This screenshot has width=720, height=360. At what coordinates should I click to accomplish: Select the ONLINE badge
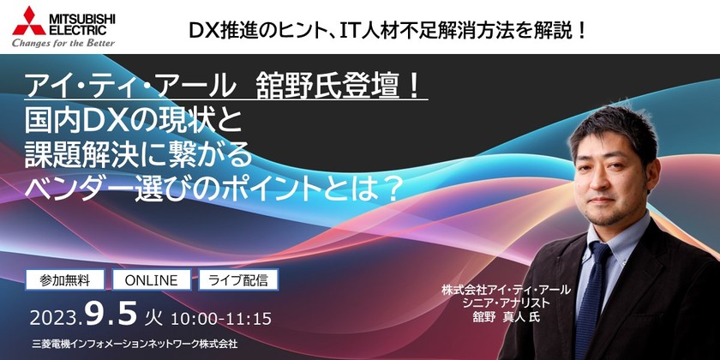[x=151, y=279]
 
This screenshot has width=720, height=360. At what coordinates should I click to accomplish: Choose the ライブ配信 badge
[x=238, y=279]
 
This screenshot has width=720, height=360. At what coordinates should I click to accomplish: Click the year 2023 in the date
[x=57, y=318]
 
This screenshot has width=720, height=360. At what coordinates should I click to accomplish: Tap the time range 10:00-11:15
[x=221, y=318]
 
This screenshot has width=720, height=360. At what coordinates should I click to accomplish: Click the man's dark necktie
[x=592, y=283]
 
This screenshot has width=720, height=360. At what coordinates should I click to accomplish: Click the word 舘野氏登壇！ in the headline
[x=342, y=86]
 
